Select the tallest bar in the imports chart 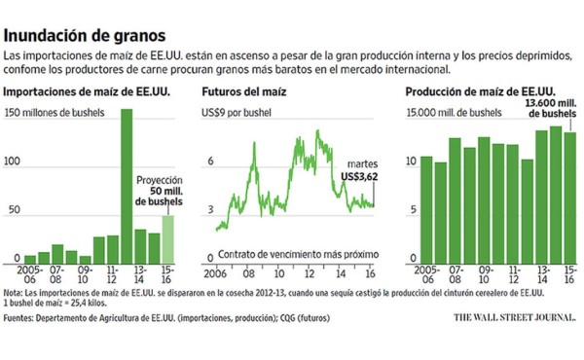[127, 185]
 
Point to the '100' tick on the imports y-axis [14, 165]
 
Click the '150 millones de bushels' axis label [63, 114]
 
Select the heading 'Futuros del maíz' [243, 92]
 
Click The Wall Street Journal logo [513, 316]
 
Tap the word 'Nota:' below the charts [15, 292]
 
